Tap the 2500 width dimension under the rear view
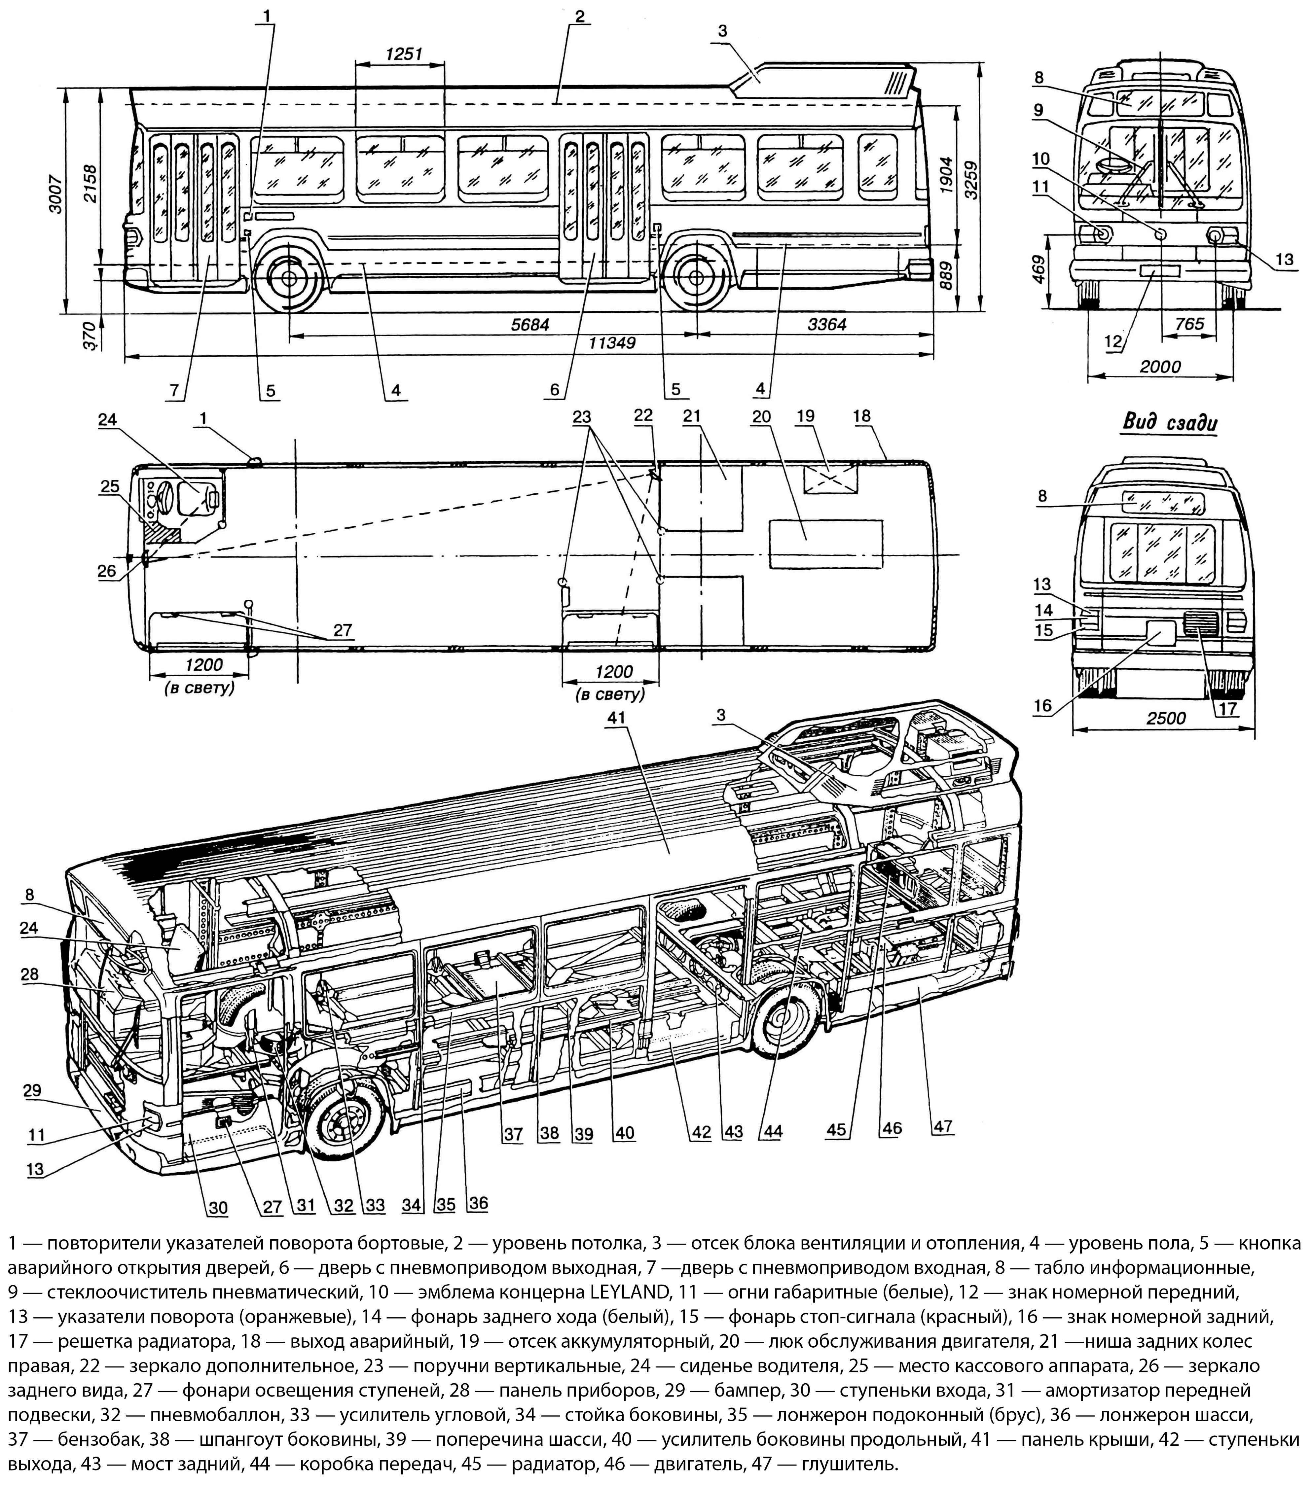(1166, 718)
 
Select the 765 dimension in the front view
(1190, 324)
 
